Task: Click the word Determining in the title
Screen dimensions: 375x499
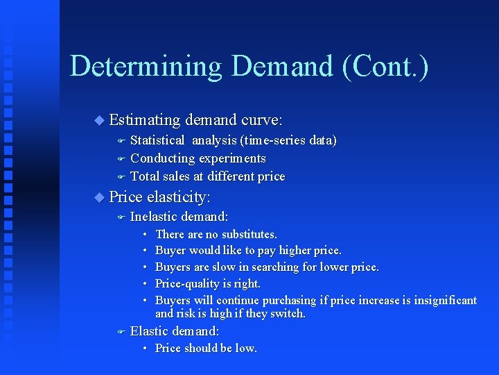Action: click(x=146, y=67)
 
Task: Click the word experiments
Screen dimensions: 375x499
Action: click(x=232, y=158)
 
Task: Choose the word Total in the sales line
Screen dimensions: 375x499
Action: click(x=145, y=176)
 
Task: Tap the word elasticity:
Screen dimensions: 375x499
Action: click(x=179, y=197)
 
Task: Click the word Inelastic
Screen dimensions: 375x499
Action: click(x=153, y=217)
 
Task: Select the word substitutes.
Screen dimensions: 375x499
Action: click(x=248, y=234)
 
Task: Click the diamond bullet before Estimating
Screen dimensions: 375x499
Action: click(x=98, y=121)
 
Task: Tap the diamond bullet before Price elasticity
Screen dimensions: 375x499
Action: click(x=98, y=198)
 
